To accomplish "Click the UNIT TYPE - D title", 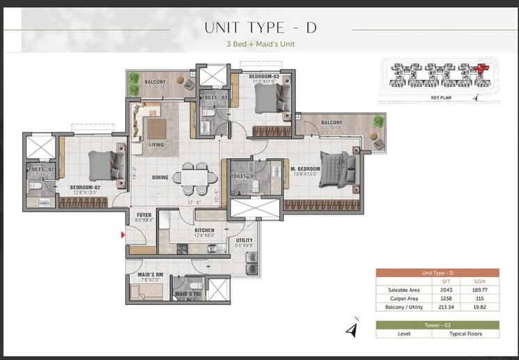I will click(x=261, y=28).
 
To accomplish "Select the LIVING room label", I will click(x=156, y=145).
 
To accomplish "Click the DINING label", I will click(x=160, y=178).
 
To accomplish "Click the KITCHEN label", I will click(x=204, y=230).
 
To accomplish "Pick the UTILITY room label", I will click(x=244, y=240).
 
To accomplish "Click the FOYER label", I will click(x=144, y=214).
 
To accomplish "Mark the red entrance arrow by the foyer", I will click(x=124, y=236).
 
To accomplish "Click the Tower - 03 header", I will click(x=437, y=324).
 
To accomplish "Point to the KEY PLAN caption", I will click(x=442, y=98).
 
